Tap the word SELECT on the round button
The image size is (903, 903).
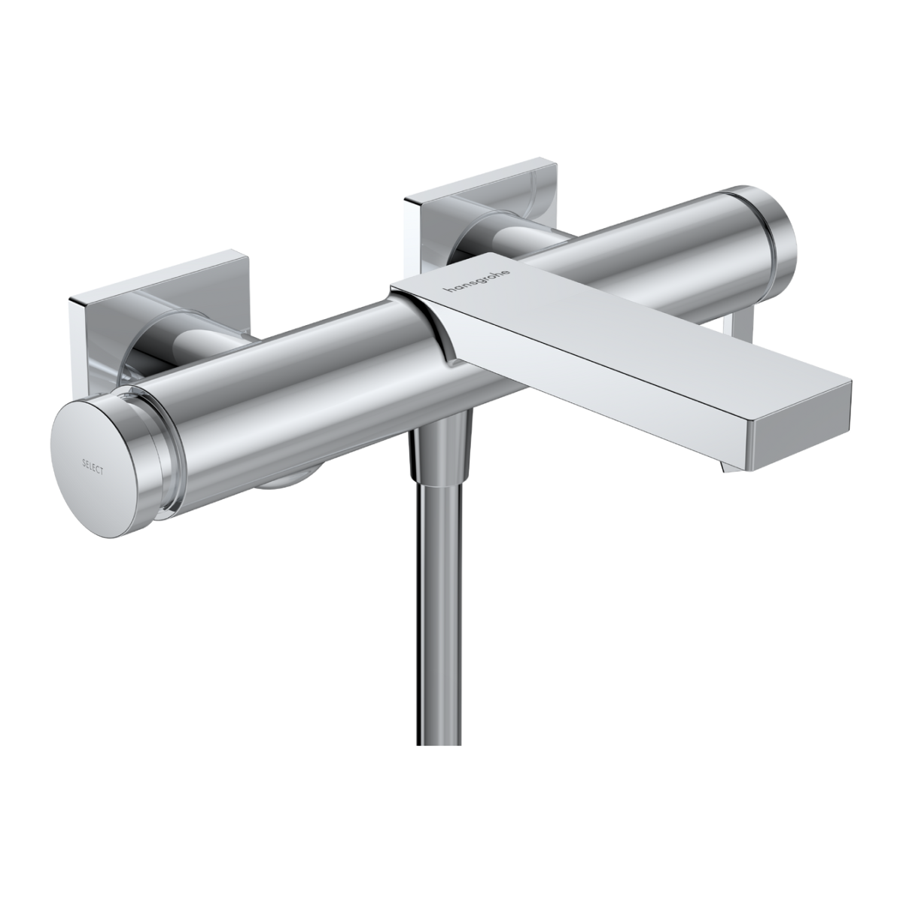93,467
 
